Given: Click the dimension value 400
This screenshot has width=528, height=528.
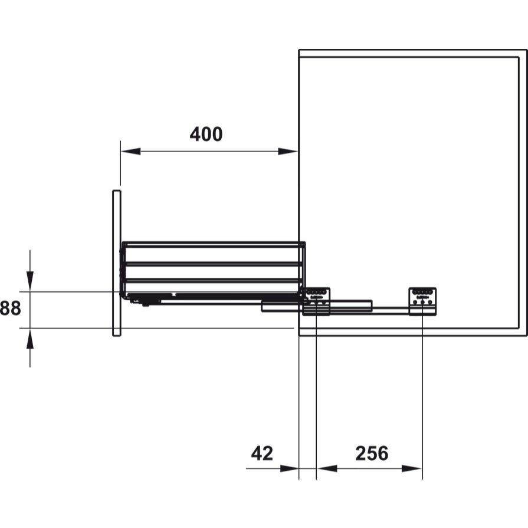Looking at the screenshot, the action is pos(206,134).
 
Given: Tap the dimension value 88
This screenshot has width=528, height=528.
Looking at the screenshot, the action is pos(10,308).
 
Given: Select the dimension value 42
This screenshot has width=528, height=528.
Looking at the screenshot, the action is pos(262,453).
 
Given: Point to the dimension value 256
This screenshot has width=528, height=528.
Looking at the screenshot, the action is pos(372,453).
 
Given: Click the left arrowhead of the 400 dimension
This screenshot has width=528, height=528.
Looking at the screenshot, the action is pos(130,151).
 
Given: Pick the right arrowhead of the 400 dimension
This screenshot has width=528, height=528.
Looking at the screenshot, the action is pos(288,151).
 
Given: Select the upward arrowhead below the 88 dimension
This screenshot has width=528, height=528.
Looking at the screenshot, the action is pos(30,339).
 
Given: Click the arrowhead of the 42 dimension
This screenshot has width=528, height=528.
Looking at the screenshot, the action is pos(289,468).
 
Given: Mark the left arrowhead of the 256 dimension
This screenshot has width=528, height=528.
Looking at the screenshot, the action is pos(327,468).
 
